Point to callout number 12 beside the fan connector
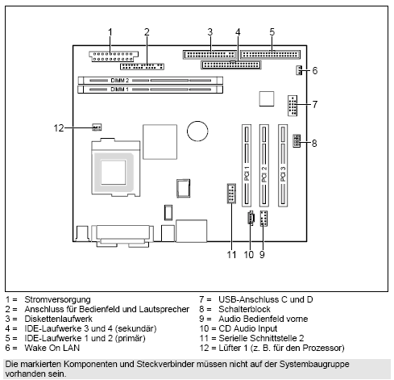[58, 127]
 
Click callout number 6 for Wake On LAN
[314, 71]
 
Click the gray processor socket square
[114, 170]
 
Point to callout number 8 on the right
[314, 143]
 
